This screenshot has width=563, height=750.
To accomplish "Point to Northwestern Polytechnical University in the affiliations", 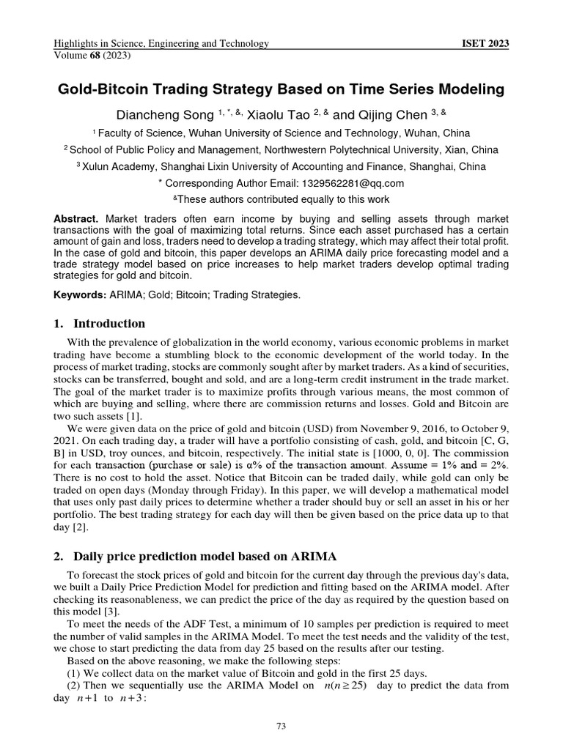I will tap(381, 149).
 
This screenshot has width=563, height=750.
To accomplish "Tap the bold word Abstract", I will tap(76, 219).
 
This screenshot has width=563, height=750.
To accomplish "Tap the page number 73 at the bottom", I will tap(281, 727).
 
